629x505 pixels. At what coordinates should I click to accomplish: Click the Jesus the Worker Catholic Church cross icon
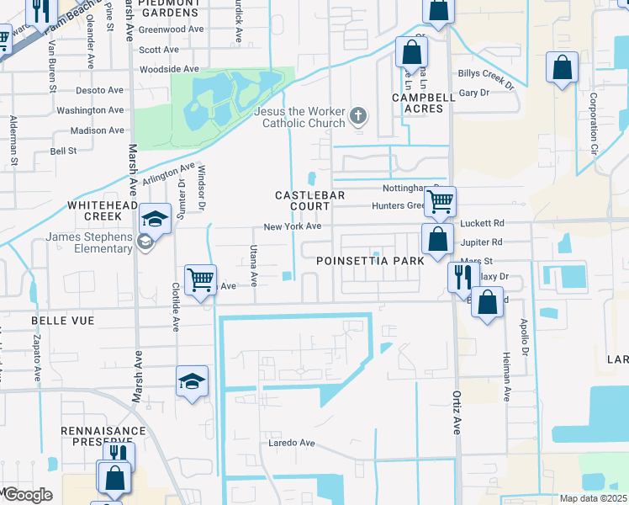[358, 115]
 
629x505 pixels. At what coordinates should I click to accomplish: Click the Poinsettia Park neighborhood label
[371, 262]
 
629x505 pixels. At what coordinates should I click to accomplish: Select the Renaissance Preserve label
[103, 435]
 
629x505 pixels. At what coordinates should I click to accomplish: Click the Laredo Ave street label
[291, 443]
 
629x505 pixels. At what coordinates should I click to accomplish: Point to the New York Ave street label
[292, 226]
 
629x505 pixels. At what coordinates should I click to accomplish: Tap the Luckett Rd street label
[483, 223]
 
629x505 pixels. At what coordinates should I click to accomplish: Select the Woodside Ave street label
[169, 69]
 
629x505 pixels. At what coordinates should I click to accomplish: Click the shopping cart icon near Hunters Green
[440, 201]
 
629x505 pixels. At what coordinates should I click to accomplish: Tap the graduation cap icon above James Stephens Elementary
[156, 219]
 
